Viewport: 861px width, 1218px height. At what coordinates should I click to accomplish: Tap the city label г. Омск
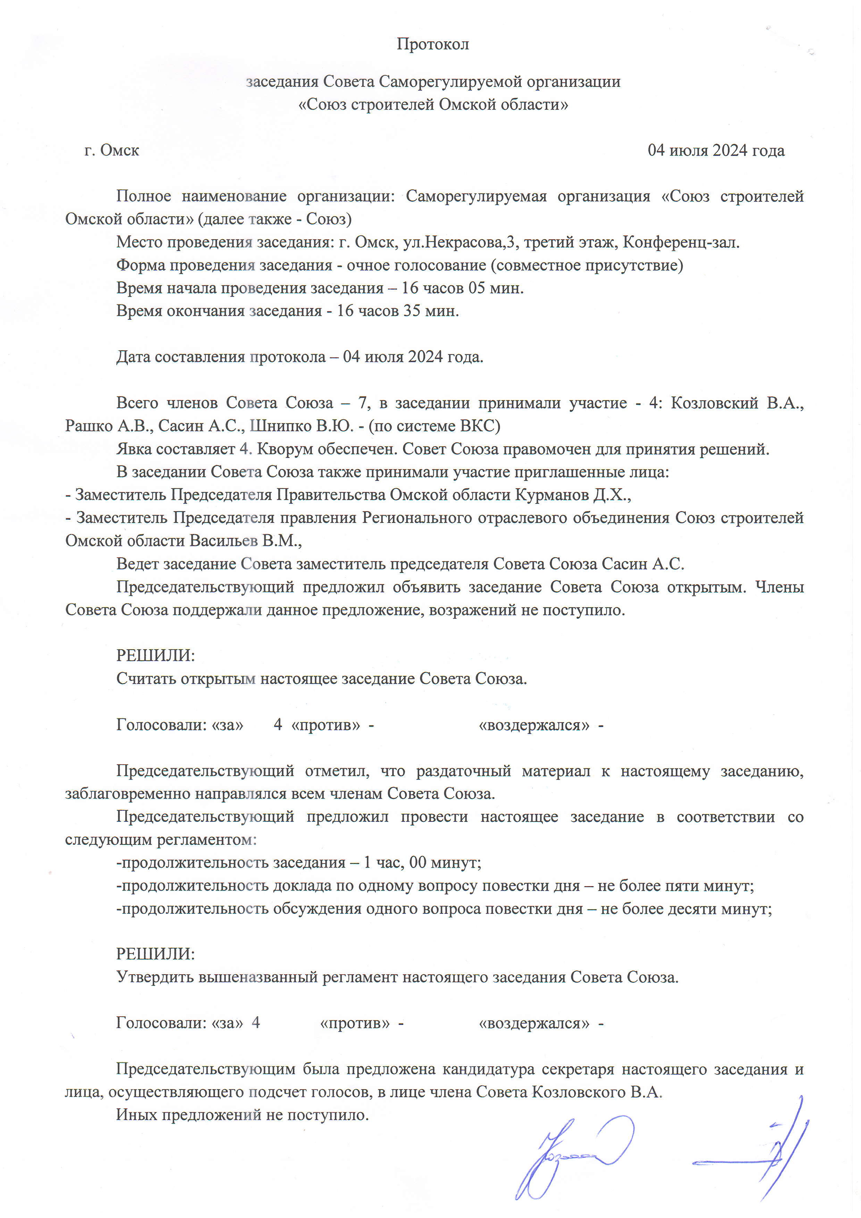point(111,151)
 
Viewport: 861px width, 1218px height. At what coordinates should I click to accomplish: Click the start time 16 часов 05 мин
point(462,288)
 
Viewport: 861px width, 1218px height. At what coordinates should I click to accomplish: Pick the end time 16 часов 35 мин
point(398,311)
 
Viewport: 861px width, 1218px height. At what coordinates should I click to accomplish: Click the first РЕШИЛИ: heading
point(156,656)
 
